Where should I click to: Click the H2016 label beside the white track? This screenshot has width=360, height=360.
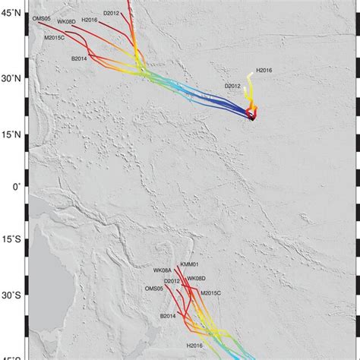click(264, 70)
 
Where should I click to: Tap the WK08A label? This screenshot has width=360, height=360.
click(163, 270)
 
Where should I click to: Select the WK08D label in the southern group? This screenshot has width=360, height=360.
click(196, 279)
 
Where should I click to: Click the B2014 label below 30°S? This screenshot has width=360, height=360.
click(168, 315)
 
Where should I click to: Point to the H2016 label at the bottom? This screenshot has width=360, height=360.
click(194, 346)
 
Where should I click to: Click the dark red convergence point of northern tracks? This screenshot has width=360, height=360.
click(252, 115)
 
